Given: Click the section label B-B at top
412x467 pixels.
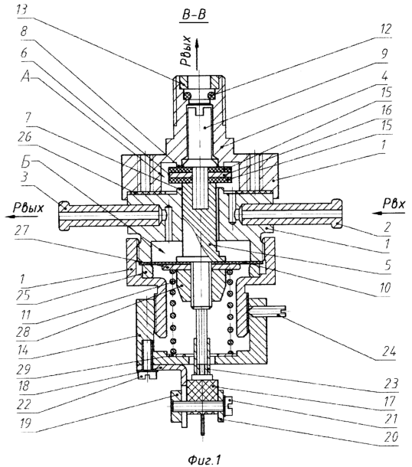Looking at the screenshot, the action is click(x=194, y=15).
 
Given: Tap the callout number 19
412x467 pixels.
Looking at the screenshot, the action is click(x=24, y=423).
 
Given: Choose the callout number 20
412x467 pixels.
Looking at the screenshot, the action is click(x=391, y=437).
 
